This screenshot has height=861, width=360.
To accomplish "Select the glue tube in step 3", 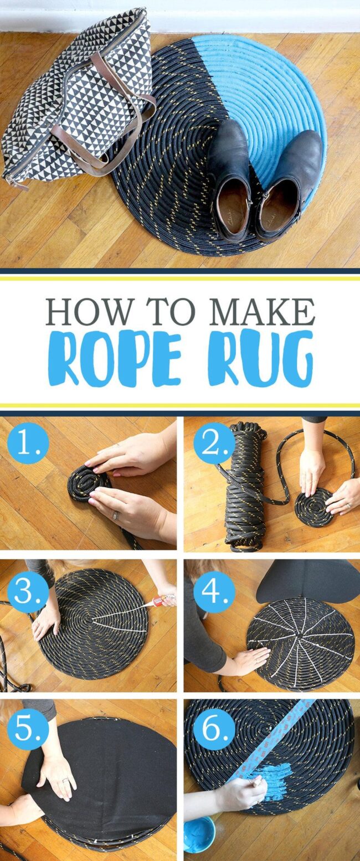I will point(164,600).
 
